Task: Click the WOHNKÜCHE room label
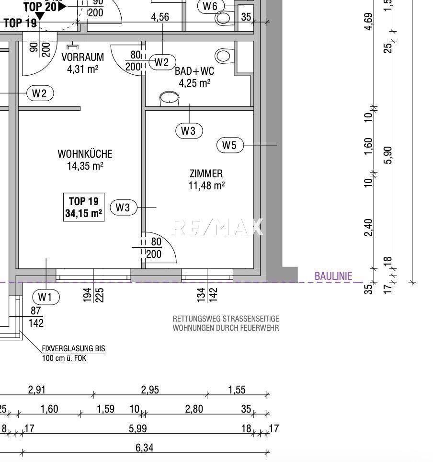(85, 154)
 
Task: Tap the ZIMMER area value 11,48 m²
(206, 185)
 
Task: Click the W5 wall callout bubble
(230, 145)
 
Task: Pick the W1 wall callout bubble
(46, 297)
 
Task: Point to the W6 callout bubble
(210, 6)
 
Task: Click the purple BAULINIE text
(333, 276)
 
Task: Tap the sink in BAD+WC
(170, 99)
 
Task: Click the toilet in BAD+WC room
(223, 55)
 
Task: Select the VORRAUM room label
(82, 58)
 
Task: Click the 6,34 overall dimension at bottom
(145, 448)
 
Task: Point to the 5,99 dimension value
(138, 428)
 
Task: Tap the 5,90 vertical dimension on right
(388, 155)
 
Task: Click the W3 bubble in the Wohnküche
(123, 208)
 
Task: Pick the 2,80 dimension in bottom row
(194, 409)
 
